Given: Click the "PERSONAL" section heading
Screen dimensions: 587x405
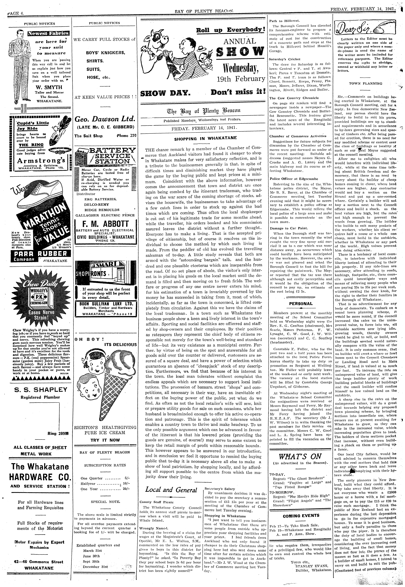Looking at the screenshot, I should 301,304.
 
